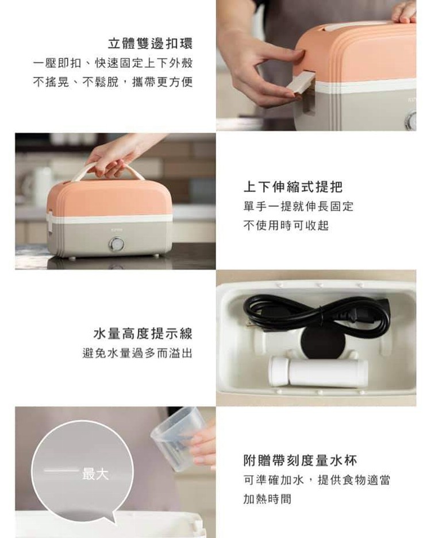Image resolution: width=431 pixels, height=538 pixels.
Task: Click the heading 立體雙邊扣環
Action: [x=150, y=44]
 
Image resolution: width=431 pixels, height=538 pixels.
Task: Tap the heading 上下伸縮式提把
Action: [x=293, y=187]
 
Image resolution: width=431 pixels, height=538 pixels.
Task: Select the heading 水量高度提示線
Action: [x=143, y=334]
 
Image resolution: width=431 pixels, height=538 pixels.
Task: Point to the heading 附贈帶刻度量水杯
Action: [x=301, y=460]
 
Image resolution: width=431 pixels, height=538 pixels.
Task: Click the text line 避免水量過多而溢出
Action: [x=137, y=353]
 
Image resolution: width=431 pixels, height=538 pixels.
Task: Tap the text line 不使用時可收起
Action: [x=286, y=226]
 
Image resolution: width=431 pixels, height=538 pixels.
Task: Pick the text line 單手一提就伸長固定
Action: [x=298, y=206]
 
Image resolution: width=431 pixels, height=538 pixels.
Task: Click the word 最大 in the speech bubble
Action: [x=95, y=474]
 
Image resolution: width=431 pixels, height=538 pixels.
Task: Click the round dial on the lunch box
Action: [x=117, y=244]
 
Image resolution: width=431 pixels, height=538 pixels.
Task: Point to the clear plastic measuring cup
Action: [x=180, y=438]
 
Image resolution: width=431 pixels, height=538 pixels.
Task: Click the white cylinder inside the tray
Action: [x=319, y=372]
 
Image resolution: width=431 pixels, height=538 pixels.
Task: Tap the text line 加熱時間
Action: [x=268, y=499]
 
